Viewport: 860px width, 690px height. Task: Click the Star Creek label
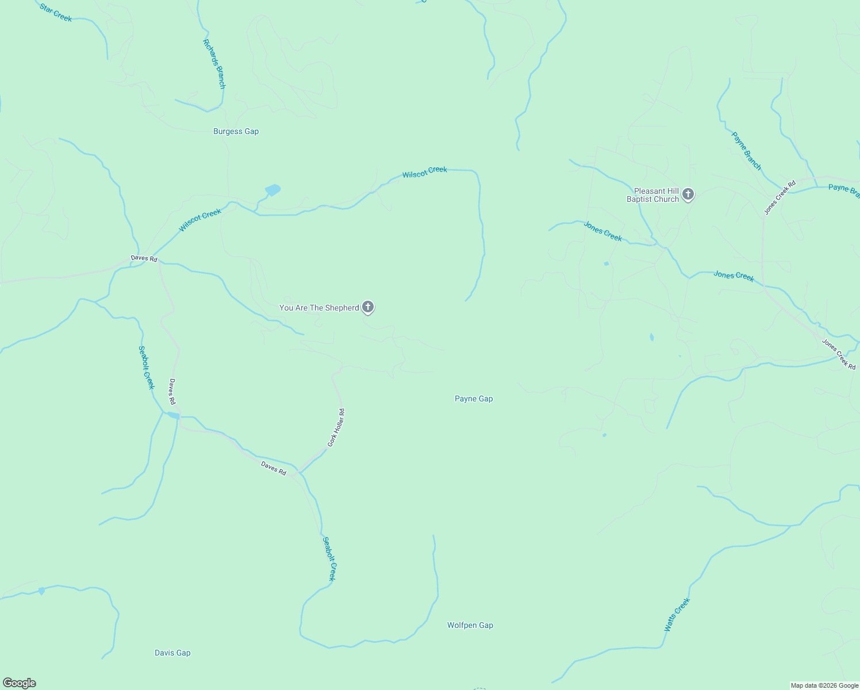point(56,13)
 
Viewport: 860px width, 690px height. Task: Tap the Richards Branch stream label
point(214,64)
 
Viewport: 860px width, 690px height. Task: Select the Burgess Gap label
point(236,131)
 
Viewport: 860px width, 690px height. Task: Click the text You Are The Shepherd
point(319,308)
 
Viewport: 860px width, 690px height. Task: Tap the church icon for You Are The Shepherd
point(368,307)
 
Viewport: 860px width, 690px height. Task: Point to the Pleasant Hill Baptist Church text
point(653,195)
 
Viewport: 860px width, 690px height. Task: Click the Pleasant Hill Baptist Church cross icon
point(688,194)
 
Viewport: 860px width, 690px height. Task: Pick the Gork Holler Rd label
point(336,428)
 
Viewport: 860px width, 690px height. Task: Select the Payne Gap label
point(474,398)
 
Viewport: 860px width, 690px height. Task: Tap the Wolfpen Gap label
point(470,625)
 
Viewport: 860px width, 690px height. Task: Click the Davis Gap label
point(172,653)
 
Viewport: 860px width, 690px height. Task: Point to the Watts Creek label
point(677,615)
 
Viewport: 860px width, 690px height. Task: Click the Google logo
point(20,683)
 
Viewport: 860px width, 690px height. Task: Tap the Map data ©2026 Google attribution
point(824,685)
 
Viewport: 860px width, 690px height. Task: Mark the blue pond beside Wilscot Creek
point(272,190)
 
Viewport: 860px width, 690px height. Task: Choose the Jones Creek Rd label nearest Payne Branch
point(780,198)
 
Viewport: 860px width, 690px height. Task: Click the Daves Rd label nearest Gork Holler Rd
point(274,468)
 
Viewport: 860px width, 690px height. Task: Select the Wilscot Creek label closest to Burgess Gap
point(200,221)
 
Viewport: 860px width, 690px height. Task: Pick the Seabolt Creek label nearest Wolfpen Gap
point(329,559)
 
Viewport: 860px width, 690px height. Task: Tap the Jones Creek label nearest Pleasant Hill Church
point(602,231)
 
